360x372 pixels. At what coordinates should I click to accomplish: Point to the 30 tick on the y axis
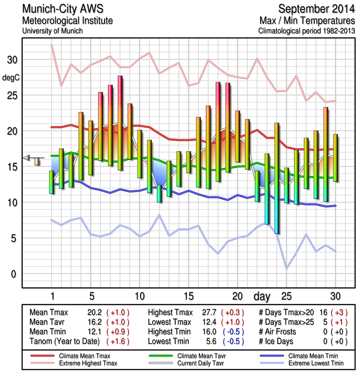pos(11,60)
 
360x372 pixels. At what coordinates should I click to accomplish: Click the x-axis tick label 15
pos(188,296)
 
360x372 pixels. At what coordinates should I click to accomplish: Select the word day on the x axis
pos(262,296)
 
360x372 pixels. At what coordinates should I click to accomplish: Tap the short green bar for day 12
pos(159,193)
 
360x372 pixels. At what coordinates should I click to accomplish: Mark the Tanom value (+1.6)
pos(118,341)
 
